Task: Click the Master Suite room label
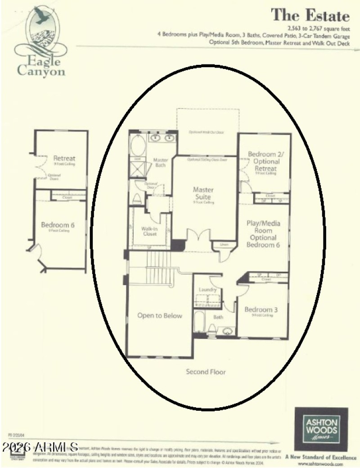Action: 203,193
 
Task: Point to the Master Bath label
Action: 160,162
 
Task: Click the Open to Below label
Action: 160,316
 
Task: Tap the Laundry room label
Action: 208,290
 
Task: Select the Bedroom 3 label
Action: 261,309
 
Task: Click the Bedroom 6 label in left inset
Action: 57,225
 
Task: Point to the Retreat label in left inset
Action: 64,158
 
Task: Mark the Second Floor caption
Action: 206,372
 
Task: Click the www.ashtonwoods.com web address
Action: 321,463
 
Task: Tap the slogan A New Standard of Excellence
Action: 321,457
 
